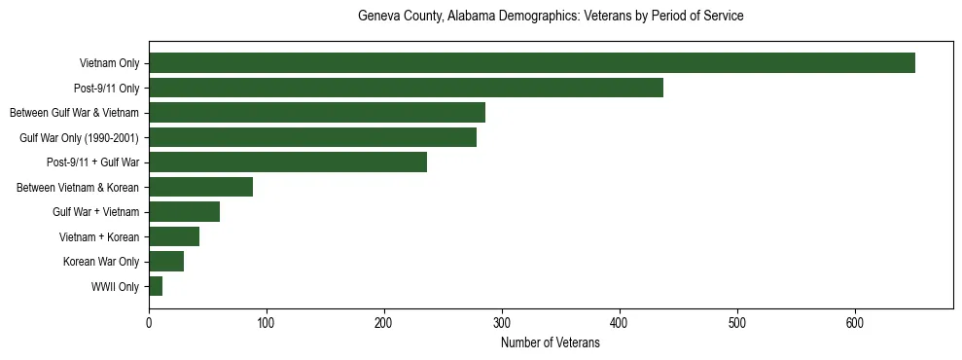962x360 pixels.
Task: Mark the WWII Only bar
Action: (x=156, y=286)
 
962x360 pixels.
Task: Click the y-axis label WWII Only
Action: (x=115, y=287)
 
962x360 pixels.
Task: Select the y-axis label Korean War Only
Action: (x=101, y=262)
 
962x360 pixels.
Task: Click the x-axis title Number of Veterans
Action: (x=551, y=343)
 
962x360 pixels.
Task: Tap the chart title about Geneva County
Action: (x=551, y=17)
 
